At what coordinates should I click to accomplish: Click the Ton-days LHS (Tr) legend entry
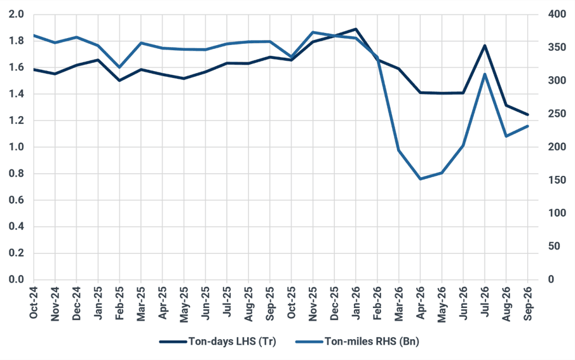coord(218,342)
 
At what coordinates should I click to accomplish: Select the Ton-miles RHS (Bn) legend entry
coord(357,342)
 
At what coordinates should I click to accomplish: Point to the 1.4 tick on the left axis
coord(16,94)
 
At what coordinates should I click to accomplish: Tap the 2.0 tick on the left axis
coord(16,15)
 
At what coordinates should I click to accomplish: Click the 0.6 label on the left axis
coord(16,200)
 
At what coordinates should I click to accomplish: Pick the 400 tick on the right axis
coord(557,15)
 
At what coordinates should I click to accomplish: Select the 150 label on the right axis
coord(557,180)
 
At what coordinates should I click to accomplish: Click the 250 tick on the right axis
coord(557,114)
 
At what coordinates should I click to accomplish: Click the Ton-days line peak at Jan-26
coord(356,29)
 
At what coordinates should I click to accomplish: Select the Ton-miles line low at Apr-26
coord(420,179)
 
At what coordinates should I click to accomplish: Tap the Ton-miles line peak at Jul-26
coord(485,74)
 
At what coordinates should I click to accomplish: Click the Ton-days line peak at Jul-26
coord(485,46)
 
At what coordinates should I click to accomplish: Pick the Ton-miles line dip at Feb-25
coord(119,67)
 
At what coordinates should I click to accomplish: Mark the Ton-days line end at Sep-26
coord(528,115)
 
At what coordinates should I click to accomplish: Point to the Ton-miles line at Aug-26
coord(506,136)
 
